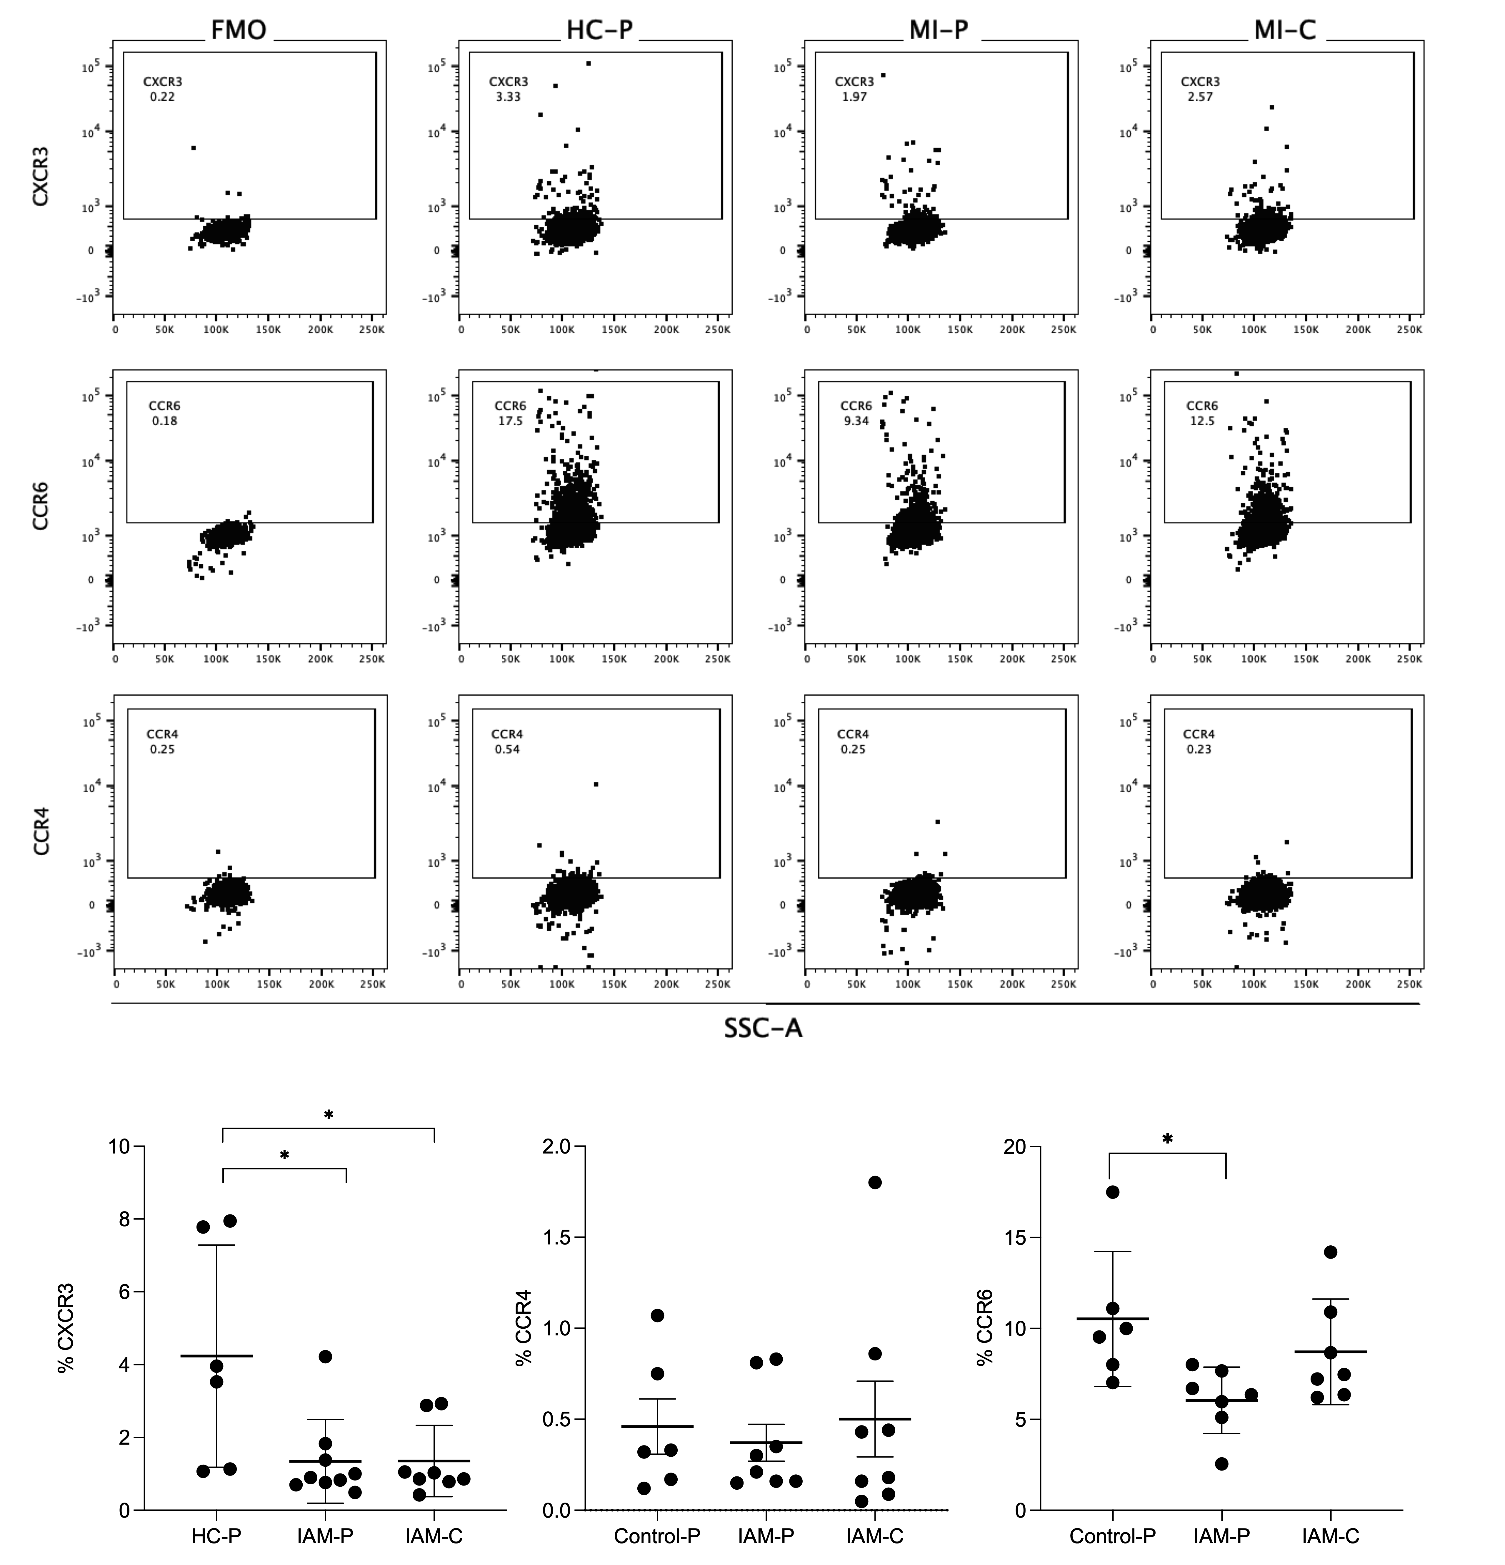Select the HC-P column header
(599, 30)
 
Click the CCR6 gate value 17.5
(510, 421)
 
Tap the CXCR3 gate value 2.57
(1199, 97)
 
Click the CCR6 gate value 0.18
(164, 421)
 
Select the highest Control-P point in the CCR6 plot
(1112, 1192)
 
